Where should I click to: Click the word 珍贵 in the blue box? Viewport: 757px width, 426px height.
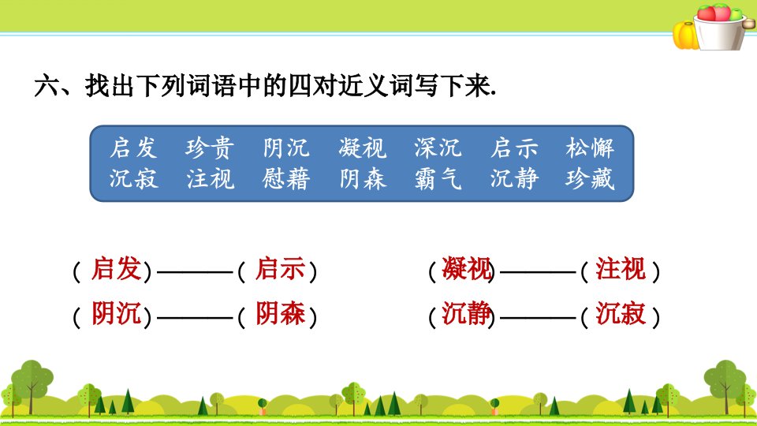click(210, 148)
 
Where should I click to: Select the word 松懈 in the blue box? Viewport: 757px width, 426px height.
click(590, 148)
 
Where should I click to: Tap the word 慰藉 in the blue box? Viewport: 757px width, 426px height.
click(285, 179)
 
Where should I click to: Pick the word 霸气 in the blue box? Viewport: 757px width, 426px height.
click(438, 179)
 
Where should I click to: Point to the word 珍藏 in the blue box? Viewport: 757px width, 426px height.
click(590, 179)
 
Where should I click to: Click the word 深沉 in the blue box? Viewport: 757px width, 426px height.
click(438, 148)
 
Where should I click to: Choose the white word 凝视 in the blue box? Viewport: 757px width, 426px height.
click(362, 148)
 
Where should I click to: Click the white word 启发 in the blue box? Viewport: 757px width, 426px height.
click(133, 148)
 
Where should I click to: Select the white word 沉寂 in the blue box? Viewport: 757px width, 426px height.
click(133, 179)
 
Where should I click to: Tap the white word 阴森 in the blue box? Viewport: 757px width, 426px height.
click(362, 179)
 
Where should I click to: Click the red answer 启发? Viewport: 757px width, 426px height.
click(117, 268)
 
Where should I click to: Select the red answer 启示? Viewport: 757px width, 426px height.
click(280, 268)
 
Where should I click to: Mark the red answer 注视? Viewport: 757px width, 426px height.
click(621, 268)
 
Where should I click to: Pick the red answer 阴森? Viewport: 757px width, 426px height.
click(280, 313)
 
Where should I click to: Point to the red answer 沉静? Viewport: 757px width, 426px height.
click(466, 313)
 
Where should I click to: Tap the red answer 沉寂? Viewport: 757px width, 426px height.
click(621, 313)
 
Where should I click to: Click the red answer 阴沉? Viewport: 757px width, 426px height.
click(117, 313)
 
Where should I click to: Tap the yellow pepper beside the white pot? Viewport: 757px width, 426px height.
click(684, 35)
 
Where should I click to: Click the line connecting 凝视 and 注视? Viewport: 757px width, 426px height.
click(538, 272)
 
